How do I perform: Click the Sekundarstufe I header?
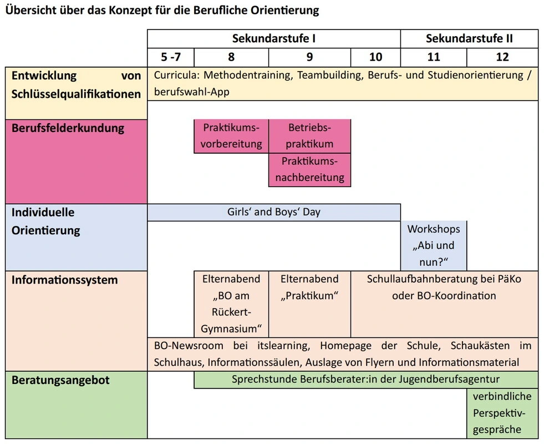[x=274, y=39]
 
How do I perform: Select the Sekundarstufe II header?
[x=469, y=39]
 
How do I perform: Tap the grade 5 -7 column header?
[x=171, y=57]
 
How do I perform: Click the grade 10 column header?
[x=375, y=57]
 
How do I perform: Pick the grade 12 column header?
[x=502, y=57]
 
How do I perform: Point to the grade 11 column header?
[x=434, y=57]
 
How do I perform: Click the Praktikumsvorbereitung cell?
[x=231, y=136]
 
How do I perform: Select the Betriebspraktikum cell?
[x=309, y=136]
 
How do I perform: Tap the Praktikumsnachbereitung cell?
[x=309, y=170]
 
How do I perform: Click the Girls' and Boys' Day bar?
[x=274, y=212]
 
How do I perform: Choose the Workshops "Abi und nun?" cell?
[x=434, y=245]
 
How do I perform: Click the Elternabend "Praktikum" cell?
[x=309, y=287]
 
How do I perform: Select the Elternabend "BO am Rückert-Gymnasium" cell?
[x=231, y=304]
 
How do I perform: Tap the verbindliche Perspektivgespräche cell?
[x=502, y=413]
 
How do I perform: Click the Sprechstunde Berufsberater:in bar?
[x=365, y=380]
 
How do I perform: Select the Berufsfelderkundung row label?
[x=68, y=128]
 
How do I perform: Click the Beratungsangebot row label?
[x=60, y=380]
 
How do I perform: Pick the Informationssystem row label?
[x=64, y=280]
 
